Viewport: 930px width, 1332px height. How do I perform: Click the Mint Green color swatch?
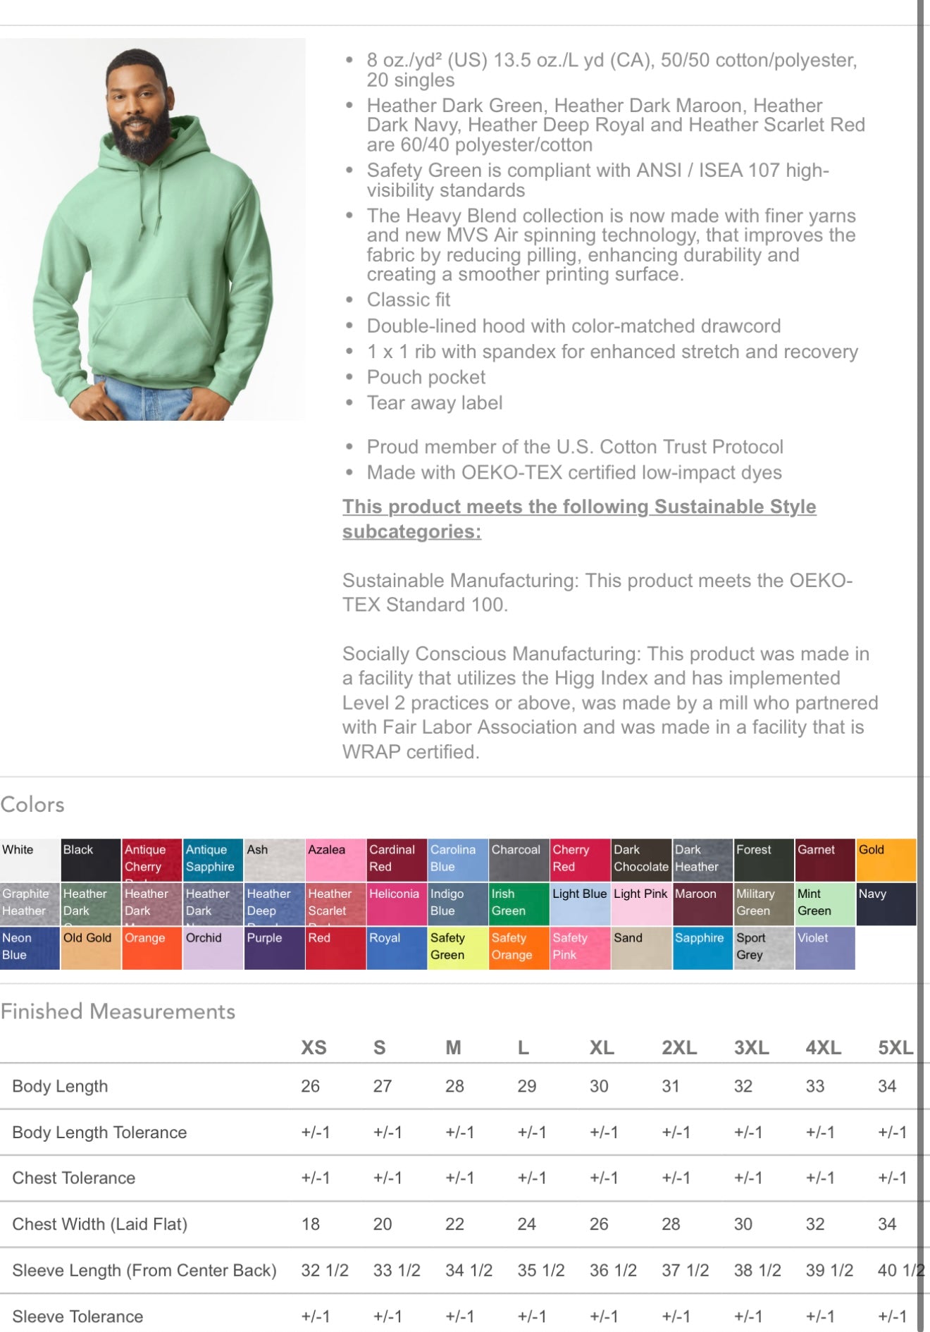[x=824, y=904]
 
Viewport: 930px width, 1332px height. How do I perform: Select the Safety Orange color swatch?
[x=519, y=948]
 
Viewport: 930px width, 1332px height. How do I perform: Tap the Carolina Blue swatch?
[x=457, y=859]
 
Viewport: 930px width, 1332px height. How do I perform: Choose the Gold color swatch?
[x=886, y=859]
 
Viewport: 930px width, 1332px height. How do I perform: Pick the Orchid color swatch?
[x=213, y=948]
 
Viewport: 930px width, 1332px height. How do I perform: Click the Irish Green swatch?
[x=519, y=904]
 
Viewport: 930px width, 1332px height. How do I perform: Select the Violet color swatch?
[x=824, y=948]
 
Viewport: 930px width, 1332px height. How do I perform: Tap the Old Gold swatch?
[x=90, y=948]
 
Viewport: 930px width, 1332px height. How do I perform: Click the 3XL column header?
[x=751, y=1048]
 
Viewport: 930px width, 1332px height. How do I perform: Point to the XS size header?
[x=314, y=1048]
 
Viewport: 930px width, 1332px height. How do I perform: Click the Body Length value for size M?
[x=454, y=1086]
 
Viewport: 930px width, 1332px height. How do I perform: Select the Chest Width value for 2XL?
[x=671, y=1224]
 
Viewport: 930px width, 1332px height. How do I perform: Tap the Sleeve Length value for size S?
[x=396, y=1271]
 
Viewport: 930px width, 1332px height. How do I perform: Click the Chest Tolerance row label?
[x=74, y=1178]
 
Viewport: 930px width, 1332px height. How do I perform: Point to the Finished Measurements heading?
[x=118, y=1011]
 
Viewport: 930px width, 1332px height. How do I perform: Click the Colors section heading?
[x=32, y=804]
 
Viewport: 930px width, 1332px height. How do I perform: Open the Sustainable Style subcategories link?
[x=578, y=519]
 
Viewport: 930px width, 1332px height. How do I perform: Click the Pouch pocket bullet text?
[x=426, y=378]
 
